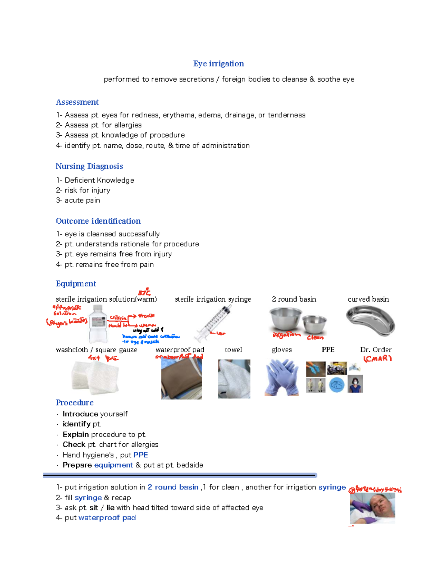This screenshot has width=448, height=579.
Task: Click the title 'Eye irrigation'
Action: (218, 64)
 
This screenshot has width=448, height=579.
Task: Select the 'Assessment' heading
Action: (77, 102)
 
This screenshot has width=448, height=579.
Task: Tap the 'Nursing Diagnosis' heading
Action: (89, 166)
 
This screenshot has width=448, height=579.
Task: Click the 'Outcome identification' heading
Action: (98, 221)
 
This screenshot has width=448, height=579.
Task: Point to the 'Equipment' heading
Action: (76, 284)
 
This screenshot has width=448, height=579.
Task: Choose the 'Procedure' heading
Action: (74, 403)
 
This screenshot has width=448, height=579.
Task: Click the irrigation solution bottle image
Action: (98, 324)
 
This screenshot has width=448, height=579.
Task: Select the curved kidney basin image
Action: (370, 320)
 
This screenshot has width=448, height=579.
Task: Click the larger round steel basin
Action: (286, 319)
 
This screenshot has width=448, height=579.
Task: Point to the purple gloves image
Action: (282, 377)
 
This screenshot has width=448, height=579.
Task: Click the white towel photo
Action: (234, 379)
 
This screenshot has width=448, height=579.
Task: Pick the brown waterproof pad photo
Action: (181, 379)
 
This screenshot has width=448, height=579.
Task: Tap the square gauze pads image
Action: (95, 377)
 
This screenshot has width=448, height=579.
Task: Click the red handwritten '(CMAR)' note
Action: (377, 359)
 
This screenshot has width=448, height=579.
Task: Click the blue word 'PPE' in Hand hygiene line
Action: (140, 455)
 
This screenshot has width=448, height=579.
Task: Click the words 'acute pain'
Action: (82, 201)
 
